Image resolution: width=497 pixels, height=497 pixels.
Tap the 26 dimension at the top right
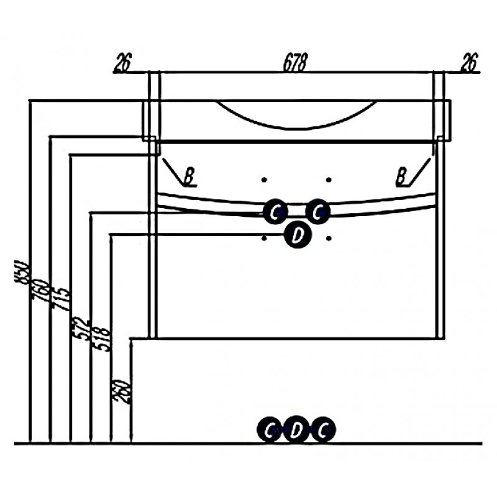pyautogui.click(x=468, y=62)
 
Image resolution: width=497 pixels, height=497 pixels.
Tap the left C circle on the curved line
pyautogui.click(x=275, y=212)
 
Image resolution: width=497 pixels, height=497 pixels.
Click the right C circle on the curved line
pyautogui.click(x=317, y=212)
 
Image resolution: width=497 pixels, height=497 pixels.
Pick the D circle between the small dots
pyautogui.click(x=297, y=235)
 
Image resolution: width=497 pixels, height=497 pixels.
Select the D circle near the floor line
pyautogui.click(x=297, y=430)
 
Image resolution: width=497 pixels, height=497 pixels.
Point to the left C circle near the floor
pyautogui.click(x=271, y=430)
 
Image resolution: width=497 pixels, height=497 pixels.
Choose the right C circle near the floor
pyautogui.click(x=322, y=430)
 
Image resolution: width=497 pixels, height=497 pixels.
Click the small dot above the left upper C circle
pyautogui.click(x=265, y=181)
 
